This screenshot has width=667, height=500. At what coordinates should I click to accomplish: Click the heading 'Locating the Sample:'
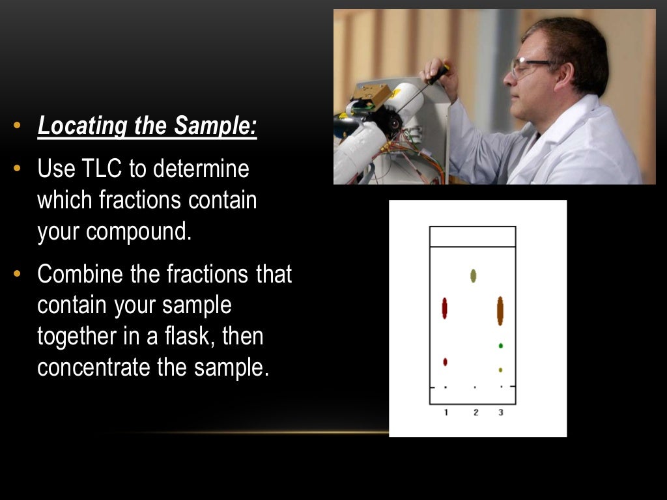pos(147,126)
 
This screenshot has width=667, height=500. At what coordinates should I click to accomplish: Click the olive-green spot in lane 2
pos(474,276)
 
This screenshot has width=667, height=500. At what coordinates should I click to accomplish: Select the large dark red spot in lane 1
pos(445,308)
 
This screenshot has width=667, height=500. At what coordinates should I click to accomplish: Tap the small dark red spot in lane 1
pos(446,361)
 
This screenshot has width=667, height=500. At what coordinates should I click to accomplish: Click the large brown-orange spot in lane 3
pos(500,311)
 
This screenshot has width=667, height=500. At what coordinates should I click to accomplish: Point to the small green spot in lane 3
pos(500,346)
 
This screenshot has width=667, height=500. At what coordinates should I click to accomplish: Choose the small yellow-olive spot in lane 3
pos(500,370)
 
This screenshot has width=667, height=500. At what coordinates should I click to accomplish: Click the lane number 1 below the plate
pos(446,412)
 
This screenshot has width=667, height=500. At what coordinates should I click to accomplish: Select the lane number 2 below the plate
pos(475,412)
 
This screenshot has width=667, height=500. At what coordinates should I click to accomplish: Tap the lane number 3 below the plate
pos(500,412)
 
